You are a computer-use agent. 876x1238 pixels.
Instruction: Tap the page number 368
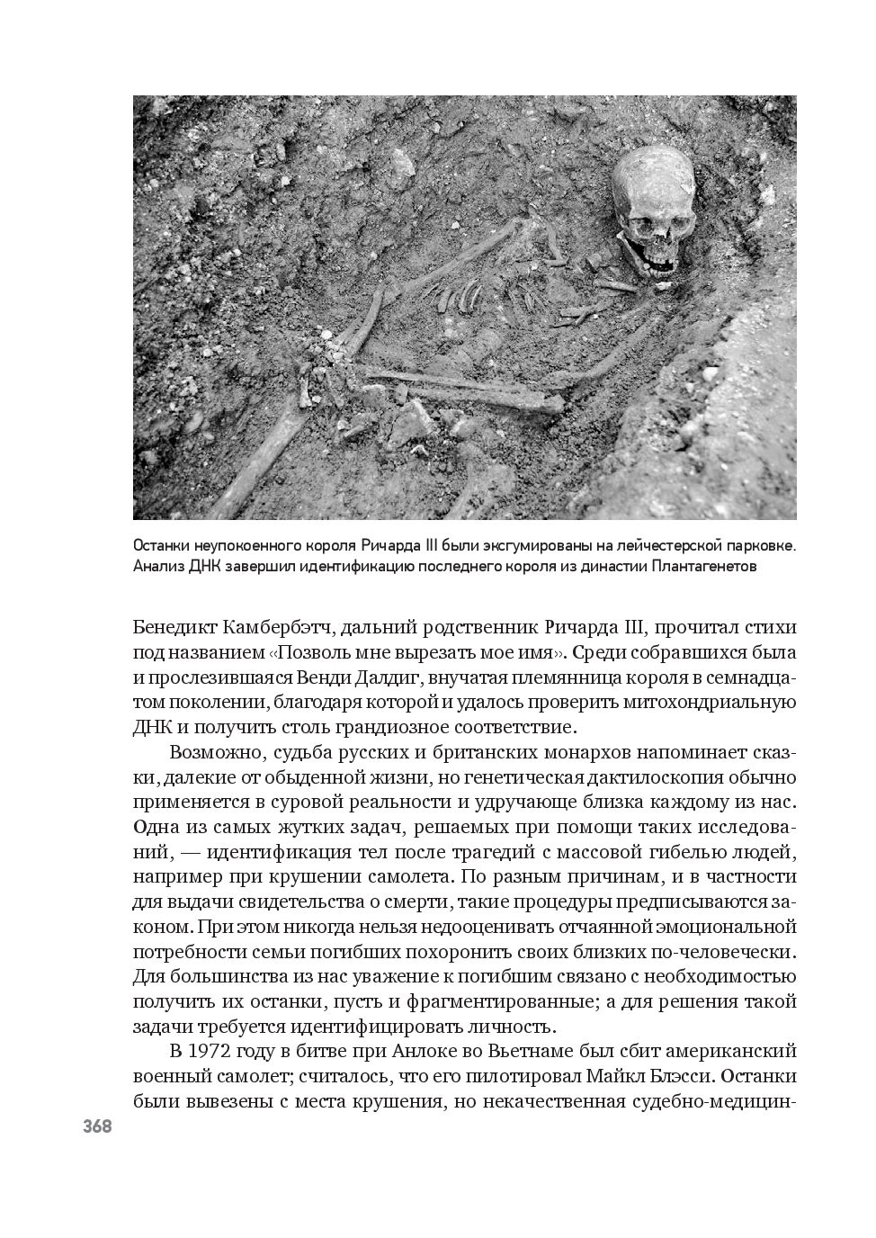click(x=97, y=1126)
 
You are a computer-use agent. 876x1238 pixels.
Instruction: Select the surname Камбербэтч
click(x=277, y=626)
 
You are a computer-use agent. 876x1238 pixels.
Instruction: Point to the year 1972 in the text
click(x=214, y=1051)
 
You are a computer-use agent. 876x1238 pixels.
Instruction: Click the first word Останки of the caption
click(x=162, y=546)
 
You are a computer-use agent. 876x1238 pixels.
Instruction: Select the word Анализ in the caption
click(x=158, y=567)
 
